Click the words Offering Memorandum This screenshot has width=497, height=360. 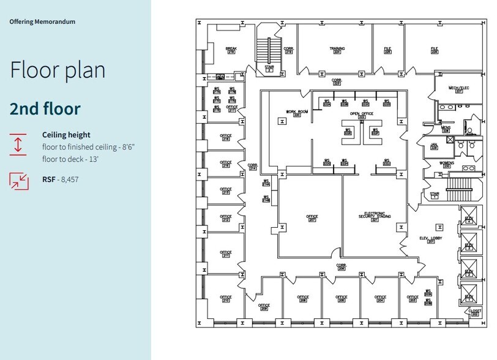(x=42, y=21)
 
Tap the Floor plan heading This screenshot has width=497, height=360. (x=58, y=70)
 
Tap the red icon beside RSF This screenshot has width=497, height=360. (x=18, y=179)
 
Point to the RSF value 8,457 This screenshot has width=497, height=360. (x=70, y=179)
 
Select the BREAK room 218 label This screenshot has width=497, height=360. (x=231, y=50)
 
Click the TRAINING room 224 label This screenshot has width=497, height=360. (x=337, y=50)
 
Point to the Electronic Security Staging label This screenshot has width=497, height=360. (x=375, y=216)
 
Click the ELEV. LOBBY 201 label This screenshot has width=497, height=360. (x=431, y=239)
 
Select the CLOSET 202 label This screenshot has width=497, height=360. (x=475, y=312)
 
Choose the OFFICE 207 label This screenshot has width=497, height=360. (x=312, y=218)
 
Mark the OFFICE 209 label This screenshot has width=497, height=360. (x=264, y=307)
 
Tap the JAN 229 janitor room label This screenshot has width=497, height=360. (x=434, y=146)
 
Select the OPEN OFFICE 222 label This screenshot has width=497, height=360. (x=362, y=115)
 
